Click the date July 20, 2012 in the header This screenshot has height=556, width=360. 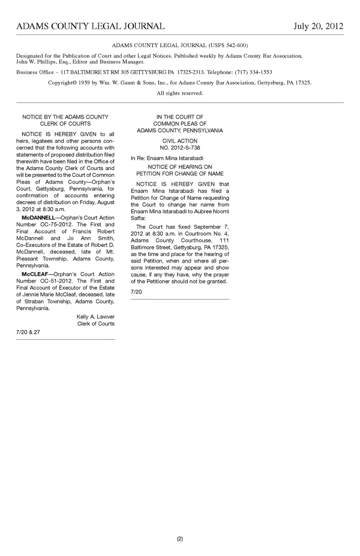point(318,26)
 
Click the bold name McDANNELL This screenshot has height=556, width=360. point(38,218)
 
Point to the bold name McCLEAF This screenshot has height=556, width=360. point(35,274)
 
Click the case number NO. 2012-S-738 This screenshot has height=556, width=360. point(180,148)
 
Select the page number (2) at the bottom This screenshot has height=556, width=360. point(180,539)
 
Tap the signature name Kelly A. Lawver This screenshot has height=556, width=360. point(96,317)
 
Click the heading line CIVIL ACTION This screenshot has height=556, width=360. point(180,141)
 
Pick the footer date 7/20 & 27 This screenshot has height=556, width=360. point(28,332)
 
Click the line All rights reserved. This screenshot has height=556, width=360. point(180,93)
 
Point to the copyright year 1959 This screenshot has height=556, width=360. point(84,83)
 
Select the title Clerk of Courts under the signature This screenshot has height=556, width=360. point(96,324)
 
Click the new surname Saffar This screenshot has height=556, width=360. point(138,218)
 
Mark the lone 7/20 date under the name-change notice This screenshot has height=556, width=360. point(136,291)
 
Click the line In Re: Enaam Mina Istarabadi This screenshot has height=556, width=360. point(167,158)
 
